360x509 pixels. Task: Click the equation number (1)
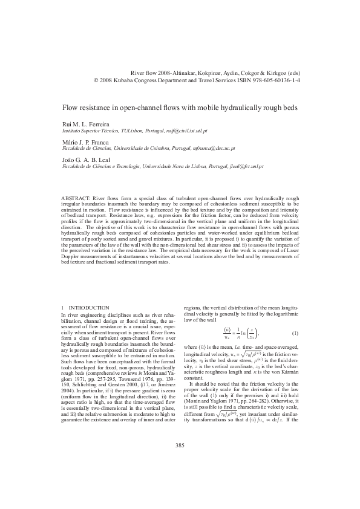tap(295, 334)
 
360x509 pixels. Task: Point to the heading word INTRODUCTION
tap(90, 308)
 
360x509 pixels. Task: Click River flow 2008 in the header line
tap(148, 71)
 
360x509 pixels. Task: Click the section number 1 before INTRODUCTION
tap(64, 308)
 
